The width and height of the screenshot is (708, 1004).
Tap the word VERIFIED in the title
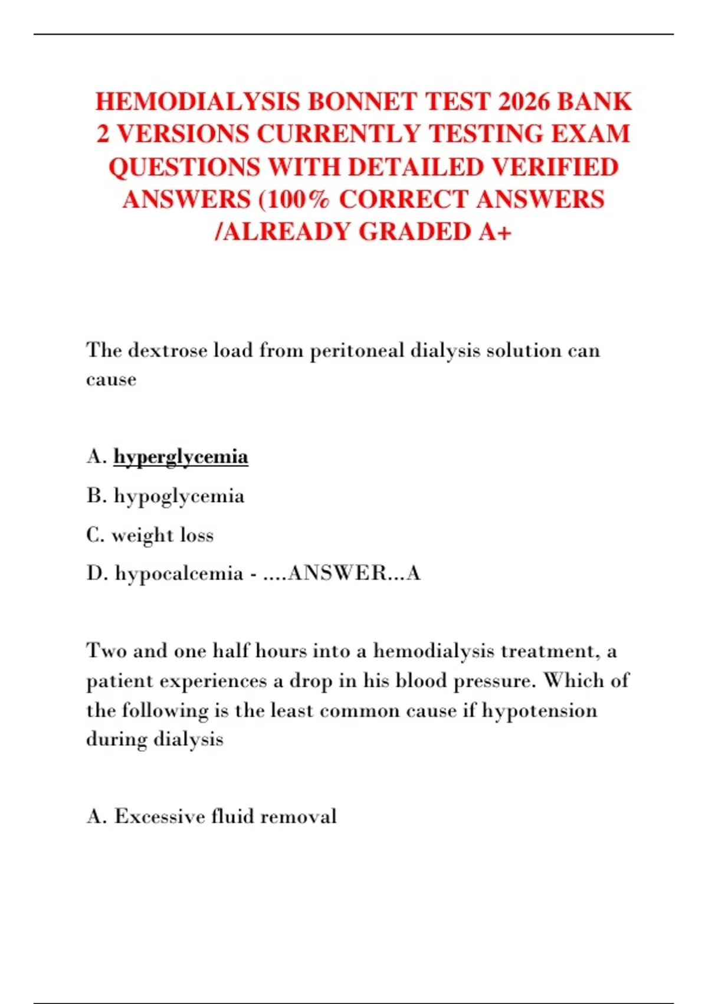click(555, 167)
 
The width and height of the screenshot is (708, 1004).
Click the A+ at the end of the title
click(494, 232)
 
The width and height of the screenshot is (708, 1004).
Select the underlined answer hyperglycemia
click(181, 457)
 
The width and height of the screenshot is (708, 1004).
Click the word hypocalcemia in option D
click(179, 573)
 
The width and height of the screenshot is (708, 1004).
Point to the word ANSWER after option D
click(336, 573)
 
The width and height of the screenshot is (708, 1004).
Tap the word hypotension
click(539, 710)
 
